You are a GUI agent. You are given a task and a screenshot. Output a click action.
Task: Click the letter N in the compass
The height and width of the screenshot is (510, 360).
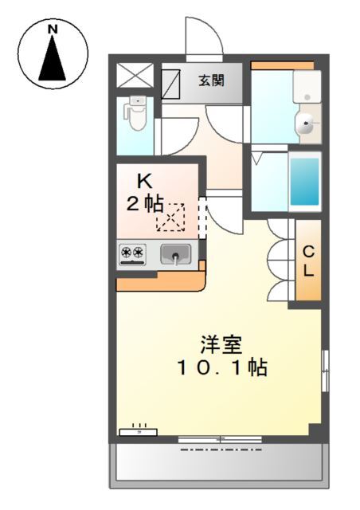[x=53, y=30]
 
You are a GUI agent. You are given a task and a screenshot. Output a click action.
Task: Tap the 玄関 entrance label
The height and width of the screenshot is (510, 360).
[x=211, y=80]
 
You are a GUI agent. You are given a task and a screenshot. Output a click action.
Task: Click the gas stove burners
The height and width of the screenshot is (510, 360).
[x=133, y=254]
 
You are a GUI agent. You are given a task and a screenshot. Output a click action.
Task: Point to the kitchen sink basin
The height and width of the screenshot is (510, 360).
[x=175, y=254]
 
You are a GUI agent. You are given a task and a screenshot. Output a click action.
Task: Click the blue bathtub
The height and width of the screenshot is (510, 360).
[x=303, y=181]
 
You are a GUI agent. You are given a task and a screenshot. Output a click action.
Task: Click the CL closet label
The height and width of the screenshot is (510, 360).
[x=307, y=260]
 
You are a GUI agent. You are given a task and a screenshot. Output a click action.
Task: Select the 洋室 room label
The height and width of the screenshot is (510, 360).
[x=221, y=346]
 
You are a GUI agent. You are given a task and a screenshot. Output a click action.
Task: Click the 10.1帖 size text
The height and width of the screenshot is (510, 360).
[x=221, y=368]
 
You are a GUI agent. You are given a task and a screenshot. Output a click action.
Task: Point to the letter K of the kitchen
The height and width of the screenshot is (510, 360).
[x=144, y=180]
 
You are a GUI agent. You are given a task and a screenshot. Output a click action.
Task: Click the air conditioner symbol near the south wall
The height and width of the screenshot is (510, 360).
[x=139, y=431]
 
